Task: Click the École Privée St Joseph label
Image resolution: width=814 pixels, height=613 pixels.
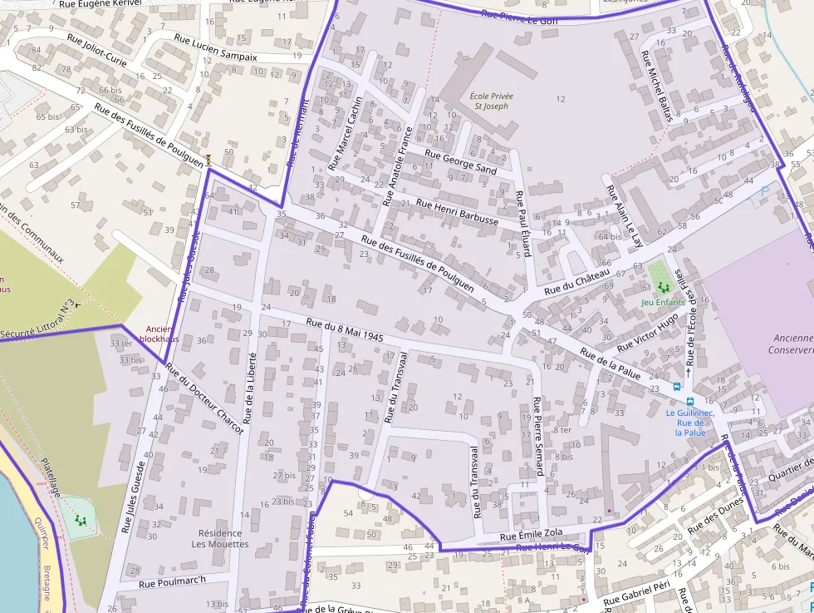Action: (491, 101)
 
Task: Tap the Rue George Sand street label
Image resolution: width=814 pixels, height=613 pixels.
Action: (460, 161)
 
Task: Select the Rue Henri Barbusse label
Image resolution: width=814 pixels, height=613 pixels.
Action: (457, 212)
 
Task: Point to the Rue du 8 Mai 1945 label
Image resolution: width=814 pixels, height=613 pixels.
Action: (344, 331)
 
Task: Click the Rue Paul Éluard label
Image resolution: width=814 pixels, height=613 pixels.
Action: (522, 224)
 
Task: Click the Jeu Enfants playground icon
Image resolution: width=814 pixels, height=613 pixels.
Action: (663, 287)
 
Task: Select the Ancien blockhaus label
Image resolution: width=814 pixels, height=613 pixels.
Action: (159, 334)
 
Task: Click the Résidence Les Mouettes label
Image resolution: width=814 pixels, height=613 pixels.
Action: (220, 538)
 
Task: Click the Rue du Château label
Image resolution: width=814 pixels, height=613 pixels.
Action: (577, 281)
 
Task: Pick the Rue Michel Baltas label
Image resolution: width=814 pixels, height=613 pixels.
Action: (655, 86)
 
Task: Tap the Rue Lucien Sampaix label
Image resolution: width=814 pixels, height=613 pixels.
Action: (215, 47)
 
